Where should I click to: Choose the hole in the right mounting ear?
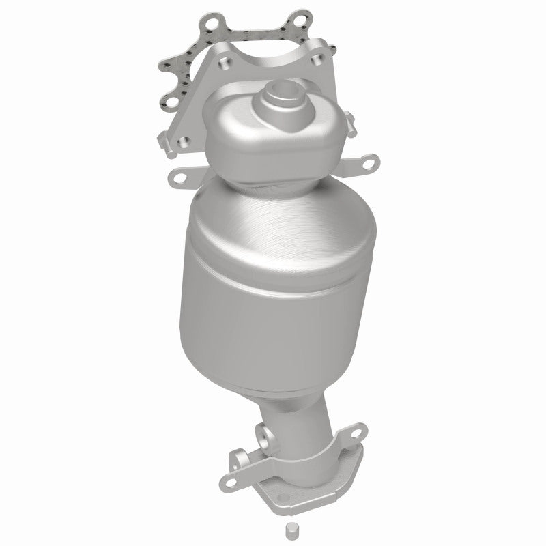(x=369, y=163)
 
